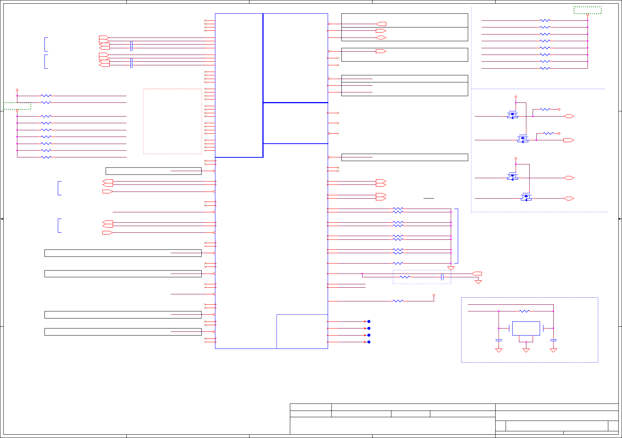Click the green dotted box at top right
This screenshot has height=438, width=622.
(x=588, y=10)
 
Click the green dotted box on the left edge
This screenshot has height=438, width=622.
(x=17, y=106)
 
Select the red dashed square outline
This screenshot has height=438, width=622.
(x=172, y=121)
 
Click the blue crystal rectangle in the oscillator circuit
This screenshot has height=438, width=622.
(x=526, y=328)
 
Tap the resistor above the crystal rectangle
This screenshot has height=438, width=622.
(x=524, y=311)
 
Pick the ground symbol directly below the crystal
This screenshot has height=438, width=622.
(x=526, y=350)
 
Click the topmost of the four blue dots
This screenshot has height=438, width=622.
(x=369, y=321)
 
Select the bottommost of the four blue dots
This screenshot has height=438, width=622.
(x=369, y=342)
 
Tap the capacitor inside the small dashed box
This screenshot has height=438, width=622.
(x=442, y=277)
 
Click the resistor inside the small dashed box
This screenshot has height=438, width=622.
(x=405, y=277)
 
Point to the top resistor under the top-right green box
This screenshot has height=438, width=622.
(x=545, y=20)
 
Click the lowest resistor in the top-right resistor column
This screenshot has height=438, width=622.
(x=545, y=68)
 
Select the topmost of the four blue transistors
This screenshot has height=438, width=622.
(x=512, y=115)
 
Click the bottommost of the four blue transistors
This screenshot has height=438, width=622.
(x=526, y=197)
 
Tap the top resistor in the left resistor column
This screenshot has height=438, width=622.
(x=46, y=96)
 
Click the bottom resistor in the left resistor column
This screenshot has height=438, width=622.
(x=46, y=157)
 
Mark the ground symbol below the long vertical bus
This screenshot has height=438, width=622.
(x=451, y=268)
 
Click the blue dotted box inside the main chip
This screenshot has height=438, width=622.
(x=302, y=331)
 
